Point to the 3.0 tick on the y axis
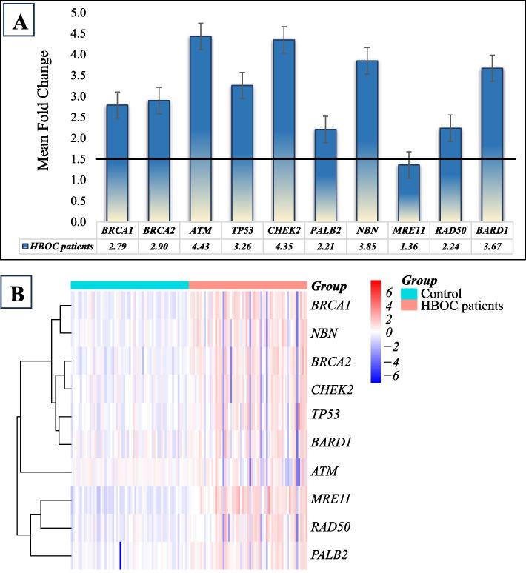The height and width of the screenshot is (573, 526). point(78,96)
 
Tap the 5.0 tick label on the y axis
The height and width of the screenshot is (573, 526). point(78,13)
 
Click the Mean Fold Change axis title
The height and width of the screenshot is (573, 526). point(45,111)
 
